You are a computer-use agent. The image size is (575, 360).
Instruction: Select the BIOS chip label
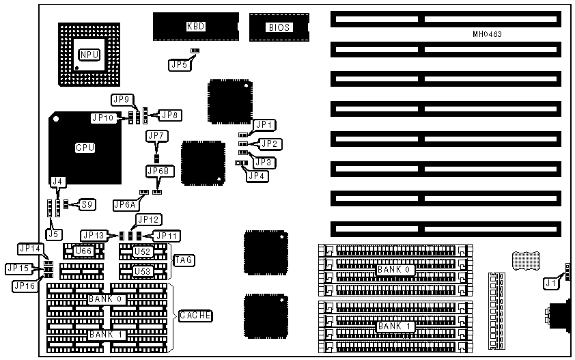tap(279, 27)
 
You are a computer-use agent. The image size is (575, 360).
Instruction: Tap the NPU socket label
tap(89, 55)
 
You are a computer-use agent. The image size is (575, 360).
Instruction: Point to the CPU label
tap(85, 148)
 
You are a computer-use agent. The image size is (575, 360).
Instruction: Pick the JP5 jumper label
tap(178, 65)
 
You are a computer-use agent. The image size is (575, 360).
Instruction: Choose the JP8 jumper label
tap(169, 115)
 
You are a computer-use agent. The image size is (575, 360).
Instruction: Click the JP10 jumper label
tap(103, 118)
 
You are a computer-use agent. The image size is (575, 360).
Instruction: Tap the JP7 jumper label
tap(156, 136)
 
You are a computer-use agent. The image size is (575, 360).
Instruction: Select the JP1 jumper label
tap(264, 125)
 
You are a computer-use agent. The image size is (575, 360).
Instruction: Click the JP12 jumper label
tap(148, 219)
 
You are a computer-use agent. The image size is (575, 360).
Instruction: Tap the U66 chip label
tap(83, 251)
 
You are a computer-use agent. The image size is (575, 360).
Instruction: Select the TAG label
tap(183, 260)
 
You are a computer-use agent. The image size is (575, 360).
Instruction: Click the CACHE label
tap(195, 315)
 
